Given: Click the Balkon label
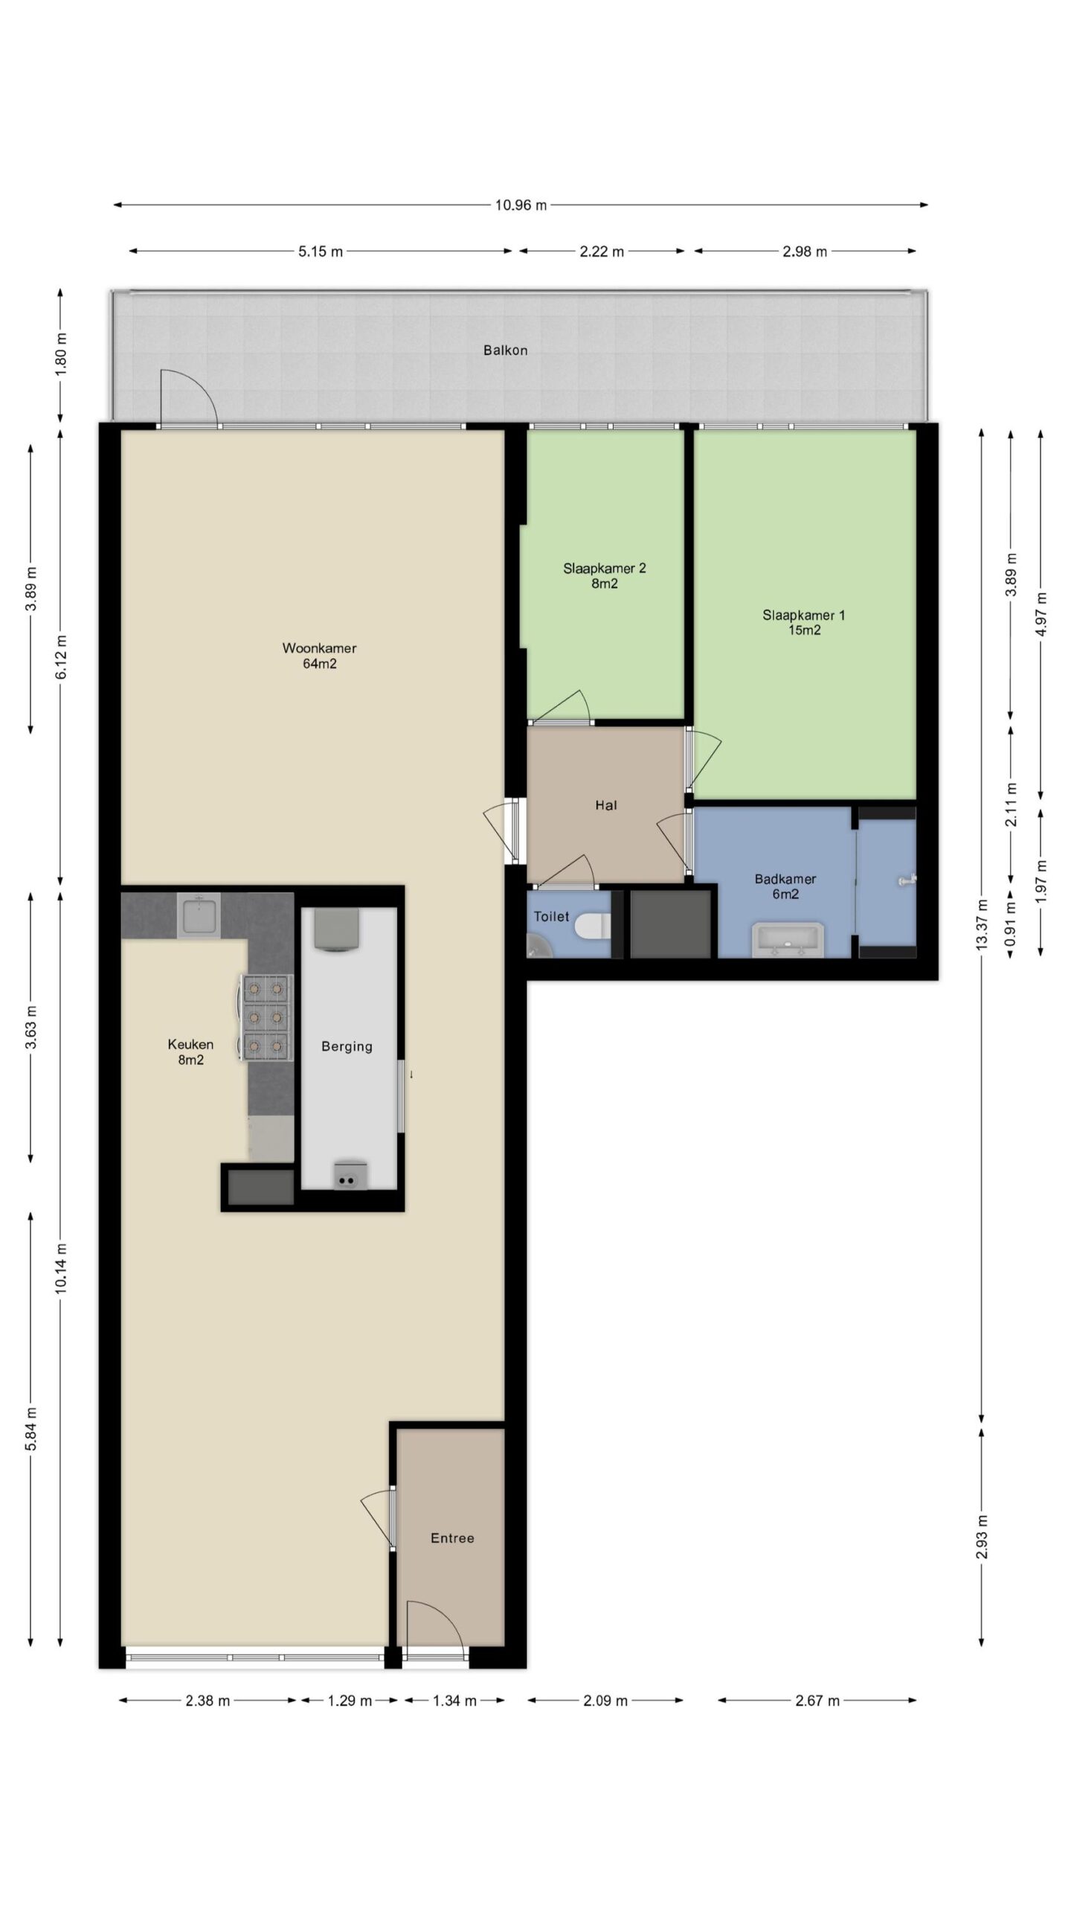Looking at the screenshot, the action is coord(505,350).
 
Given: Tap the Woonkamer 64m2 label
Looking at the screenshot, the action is coord(319,656).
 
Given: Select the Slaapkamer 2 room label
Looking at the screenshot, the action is coord(604,576).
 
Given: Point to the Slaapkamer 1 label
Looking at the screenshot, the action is coord(803,623).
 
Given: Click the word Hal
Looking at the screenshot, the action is coord(606,805).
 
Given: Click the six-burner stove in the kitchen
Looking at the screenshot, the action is coord(266,1017).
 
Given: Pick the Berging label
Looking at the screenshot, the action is coord(347,1046).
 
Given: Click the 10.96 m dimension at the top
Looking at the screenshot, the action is coord(521,205).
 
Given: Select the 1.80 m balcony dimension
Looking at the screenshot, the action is coord(61,353).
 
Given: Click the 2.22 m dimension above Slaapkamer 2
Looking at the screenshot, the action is coord(602,252).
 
